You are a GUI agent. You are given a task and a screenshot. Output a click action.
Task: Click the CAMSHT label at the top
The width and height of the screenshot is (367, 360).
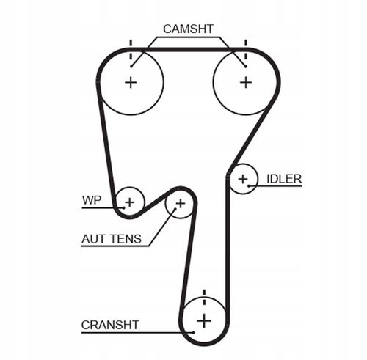coord(188,29)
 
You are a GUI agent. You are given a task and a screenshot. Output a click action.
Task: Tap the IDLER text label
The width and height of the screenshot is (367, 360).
coord(284,179)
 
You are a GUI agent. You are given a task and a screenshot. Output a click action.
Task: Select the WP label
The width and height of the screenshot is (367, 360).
coord(92,200)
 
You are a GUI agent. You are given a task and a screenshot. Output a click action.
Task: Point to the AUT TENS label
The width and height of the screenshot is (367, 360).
coord(112,239)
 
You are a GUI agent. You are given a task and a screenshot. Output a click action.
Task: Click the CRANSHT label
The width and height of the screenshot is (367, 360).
coord(110,325)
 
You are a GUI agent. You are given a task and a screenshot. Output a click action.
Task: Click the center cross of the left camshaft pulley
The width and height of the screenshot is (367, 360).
coord(131,82)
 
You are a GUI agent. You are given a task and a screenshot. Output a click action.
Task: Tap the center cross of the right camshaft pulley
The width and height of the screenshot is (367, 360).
coord(246,82)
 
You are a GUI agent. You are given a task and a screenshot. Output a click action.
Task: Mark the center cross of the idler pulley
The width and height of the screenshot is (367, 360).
coord(243,179)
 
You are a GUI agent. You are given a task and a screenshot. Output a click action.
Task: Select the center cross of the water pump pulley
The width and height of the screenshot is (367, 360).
coord(130,202)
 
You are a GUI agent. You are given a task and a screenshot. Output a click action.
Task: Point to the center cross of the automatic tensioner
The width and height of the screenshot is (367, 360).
coord(181,203)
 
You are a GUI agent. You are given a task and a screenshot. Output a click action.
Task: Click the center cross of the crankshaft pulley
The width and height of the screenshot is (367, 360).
coord(204,320)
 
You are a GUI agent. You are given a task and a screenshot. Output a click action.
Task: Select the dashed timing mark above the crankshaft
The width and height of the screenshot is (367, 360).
coord(204,297)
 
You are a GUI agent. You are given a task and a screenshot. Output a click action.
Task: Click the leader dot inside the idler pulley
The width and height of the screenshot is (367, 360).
coord(249,186)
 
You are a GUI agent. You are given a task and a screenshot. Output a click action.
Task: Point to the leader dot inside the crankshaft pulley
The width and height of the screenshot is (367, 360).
coord(194,332)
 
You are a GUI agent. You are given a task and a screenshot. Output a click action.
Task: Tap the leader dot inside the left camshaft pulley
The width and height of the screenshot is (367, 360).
coord(131,66)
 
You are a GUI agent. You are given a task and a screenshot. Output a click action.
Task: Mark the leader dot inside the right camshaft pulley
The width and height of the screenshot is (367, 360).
coord(245,66)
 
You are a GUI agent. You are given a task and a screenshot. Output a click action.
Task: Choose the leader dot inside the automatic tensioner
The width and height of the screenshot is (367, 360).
coord(175,209)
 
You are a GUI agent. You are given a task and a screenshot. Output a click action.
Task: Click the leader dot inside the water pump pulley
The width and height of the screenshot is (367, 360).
coord(124,207)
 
